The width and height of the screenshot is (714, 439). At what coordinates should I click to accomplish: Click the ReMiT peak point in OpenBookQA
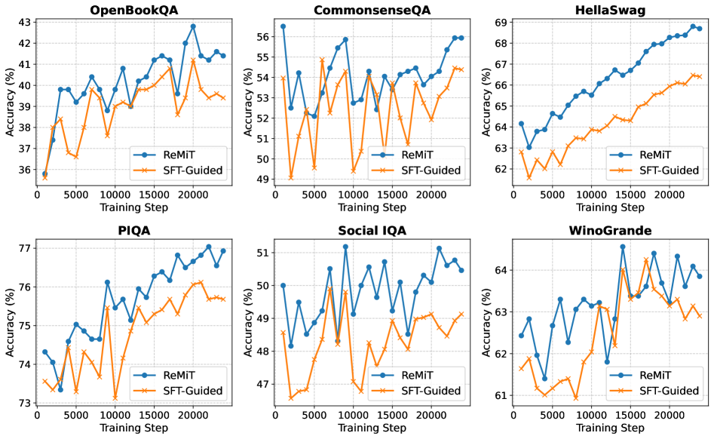[193, 26]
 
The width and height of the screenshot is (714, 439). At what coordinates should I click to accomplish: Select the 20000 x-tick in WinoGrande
[667, 415]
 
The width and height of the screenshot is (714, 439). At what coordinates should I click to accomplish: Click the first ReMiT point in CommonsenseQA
[283, 26]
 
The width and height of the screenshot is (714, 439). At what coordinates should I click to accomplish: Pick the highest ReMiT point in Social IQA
[345, 247]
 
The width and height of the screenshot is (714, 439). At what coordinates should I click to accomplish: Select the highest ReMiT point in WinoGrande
[623, 247]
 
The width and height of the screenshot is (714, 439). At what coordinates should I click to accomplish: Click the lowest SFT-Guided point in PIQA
[115, 398]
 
